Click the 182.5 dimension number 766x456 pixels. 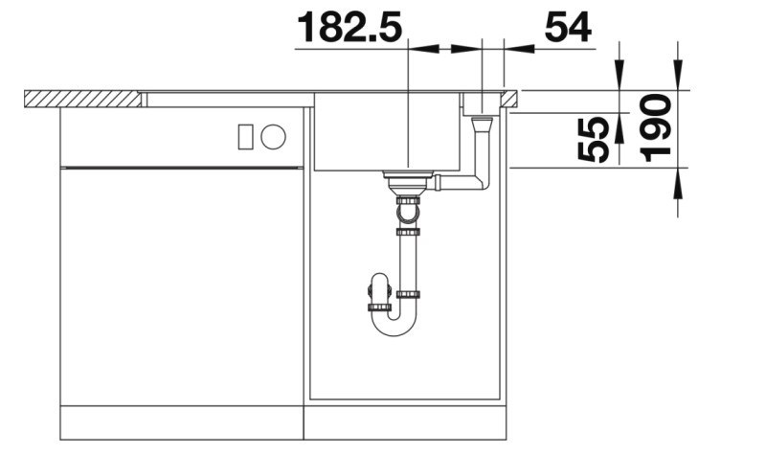pos(349,28)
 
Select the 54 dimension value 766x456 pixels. pos(568,28)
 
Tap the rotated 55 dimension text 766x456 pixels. pos(594,140)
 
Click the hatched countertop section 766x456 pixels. pos(81,98)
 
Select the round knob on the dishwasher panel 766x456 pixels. pos(273,137)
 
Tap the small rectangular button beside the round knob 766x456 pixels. pos(245,137)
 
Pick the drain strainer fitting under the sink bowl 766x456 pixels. pos(408,180)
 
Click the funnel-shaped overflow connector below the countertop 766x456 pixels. pos(481,123)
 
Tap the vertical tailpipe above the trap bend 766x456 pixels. pos(408,262)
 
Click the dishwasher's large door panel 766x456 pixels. pos(182,287)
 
